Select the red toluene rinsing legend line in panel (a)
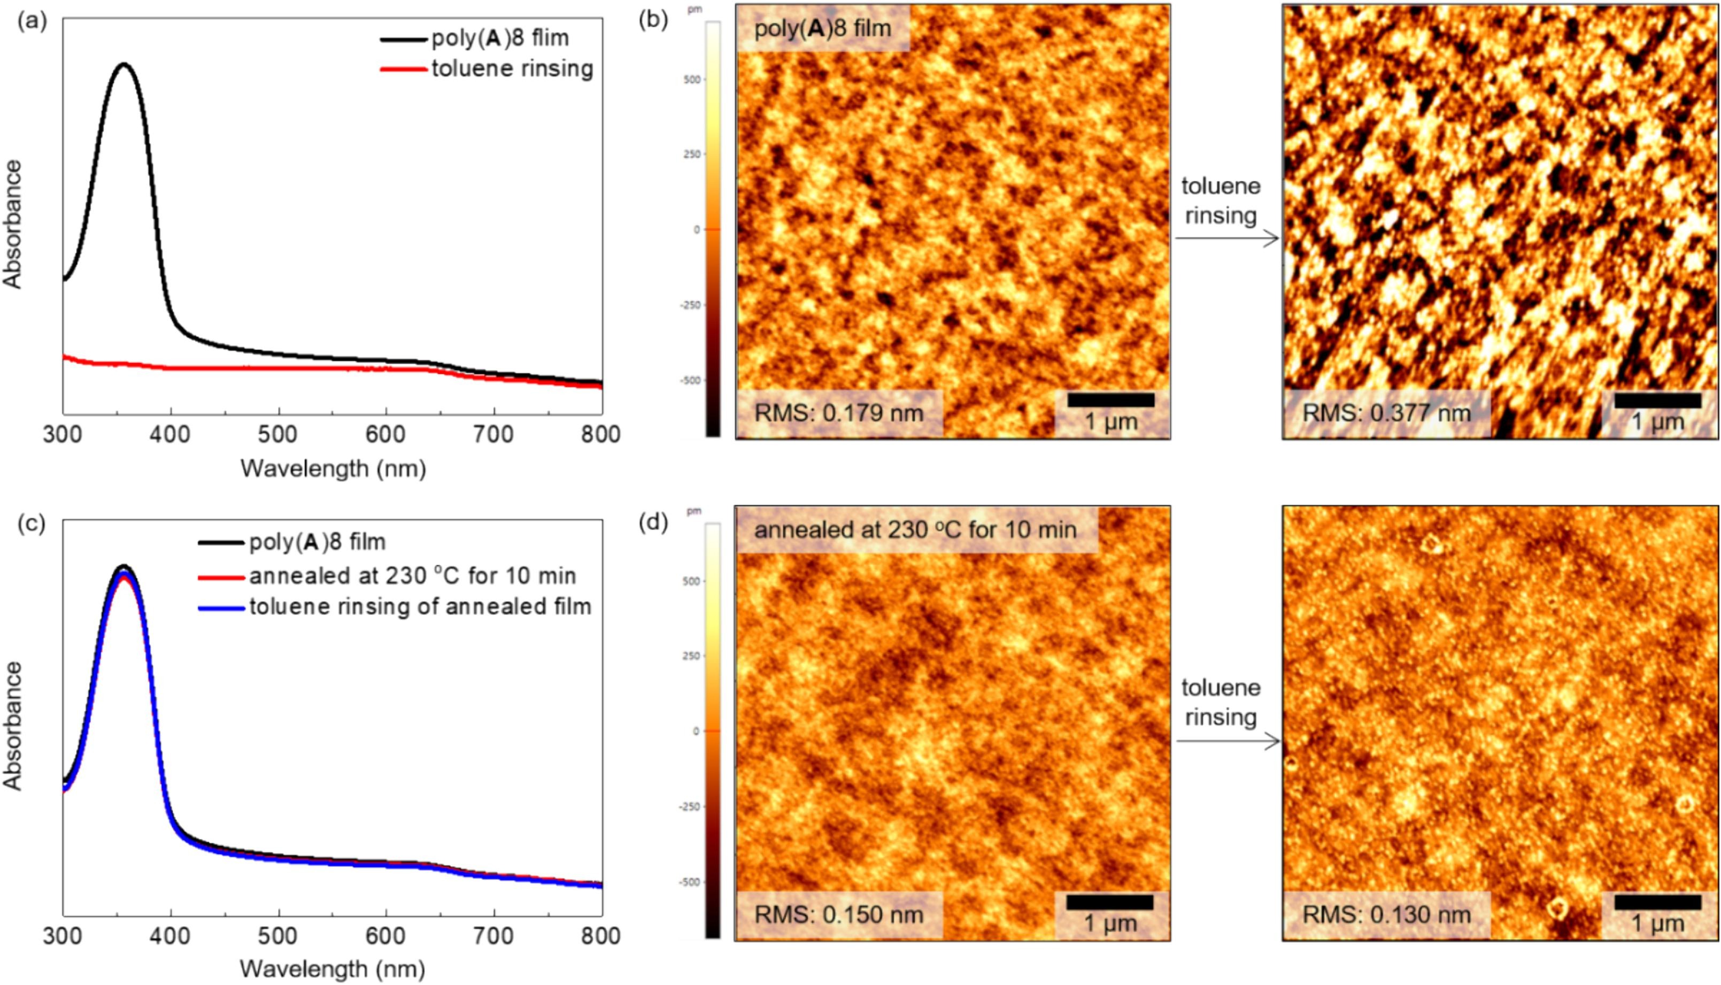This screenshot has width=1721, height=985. [x=404, y=69]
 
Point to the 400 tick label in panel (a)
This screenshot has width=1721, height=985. [x=171, y=435]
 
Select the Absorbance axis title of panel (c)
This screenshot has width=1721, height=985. [x=13, y=725]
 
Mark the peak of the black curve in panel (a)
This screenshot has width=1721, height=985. [x=124, y=64]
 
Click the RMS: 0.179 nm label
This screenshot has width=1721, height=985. [x=838, y=413]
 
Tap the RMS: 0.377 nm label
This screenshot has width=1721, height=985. [x=1386, y=413]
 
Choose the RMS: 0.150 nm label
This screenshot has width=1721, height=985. [x=838, y=914]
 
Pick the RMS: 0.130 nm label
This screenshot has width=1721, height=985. [x=1386, y=914]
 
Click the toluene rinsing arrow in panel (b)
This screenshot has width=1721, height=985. [x=1226, y=238]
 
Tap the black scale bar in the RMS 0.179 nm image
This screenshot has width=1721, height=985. [x=1110, y=400]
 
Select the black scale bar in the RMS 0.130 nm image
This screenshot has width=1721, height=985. [x=1657, y=903]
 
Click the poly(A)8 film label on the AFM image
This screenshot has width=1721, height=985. [x=822, y=28]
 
